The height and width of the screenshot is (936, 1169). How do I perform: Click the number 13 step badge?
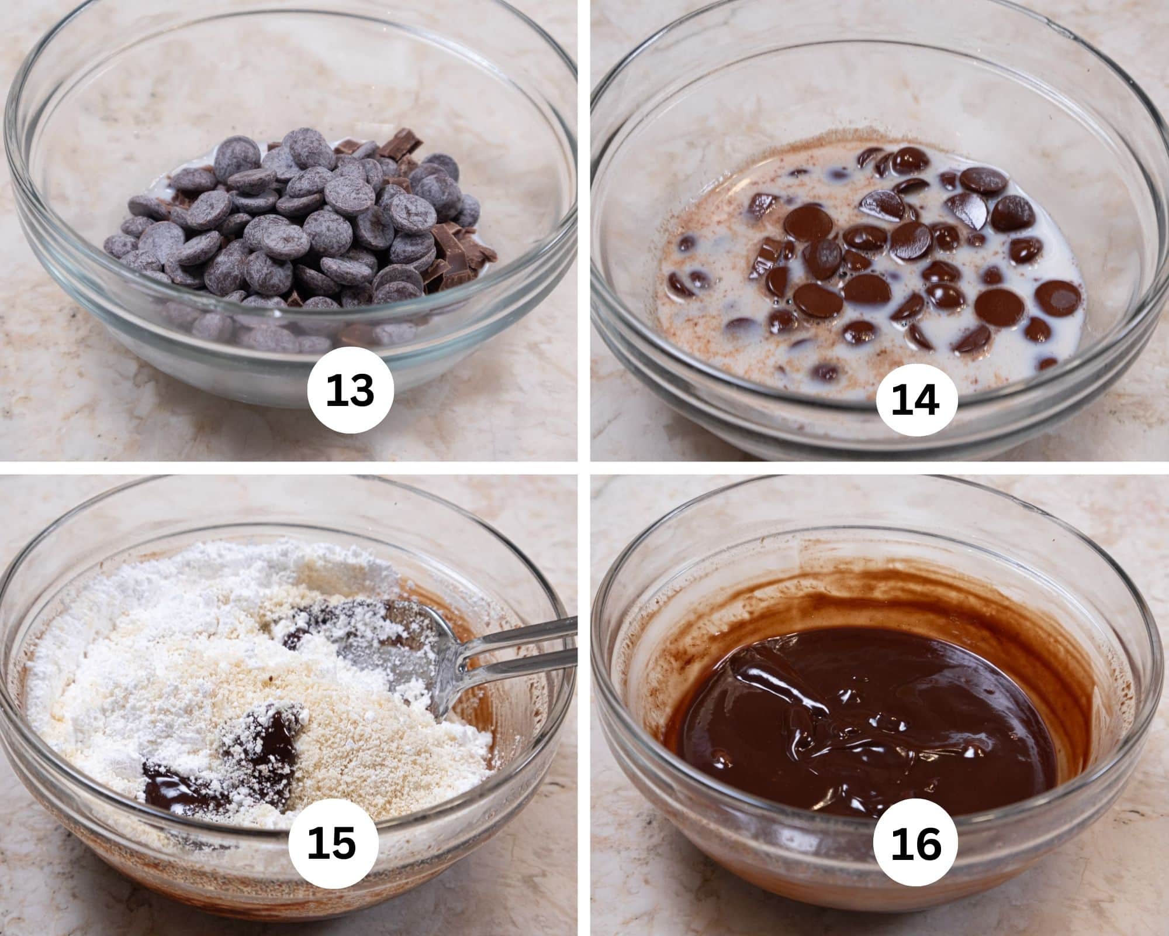(350, 391)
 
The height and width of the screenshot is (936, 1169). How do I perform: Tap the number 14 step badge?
(916, 401)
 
